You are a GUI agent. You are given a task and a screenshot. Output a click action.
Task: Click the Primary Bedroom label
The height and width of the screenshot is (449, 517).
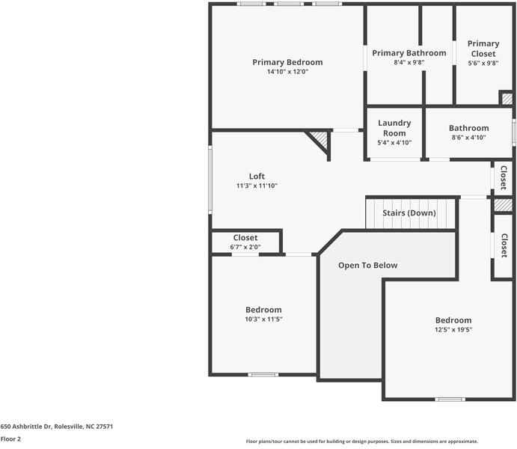287,62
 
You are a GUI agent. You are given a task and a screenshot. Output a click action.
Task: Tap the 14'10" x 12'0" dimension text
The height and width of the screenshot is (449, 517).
287,72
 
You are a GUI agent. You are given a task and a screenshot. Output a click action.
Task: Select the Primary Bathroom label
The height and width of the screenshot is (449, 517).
409,53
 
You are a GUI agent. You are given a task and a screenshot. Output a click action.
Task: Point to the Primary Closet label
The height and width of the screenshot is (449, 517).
483,49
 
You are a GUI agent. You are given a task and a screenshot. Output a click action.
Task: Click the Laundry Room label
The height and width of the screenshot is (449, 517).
394,128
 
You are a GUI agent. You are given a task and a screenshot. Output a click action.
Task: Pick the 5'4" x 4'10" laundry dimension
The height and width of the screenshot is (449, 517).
394,142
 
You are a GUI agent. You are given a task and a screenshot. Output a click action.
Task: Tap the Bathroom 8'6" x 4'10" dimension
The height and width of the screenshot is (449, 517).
468,138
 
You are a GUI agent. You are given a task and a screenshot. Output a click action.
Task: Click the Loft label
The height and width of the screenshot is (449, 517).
257,177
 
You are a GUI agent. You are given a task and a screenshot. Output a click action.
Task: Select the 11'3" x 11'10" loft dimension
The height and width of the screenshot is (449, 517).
257,186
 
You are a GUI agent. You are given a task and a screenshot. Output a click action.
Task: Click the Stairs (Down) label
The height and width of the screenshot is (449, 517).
409,213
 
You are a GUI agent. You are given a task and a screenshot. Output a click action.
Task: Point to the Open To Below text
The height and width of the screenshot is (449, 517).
367,265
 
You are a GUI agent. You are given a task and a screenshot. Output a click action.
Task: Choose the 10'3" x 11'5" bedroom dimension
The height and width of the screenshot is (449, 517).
263,319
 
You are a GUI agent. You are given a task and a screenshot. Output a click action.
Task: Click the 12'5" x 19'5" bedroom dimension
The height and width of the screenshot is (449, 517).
453,329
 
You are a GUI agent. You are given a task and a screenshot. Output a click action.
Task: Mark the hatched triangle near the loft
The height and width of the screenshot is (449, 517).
319,141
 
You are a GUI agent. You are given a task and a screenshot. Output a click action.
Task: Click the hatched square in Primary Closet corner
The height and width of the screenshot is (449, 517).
507,99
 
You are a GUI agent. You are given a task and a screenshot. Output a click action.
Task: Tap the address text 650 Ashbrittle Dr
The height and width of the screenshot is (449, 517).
57,427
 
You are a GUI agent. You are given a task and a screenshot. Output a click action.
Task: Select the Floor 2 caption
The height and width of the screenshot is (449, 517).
10,439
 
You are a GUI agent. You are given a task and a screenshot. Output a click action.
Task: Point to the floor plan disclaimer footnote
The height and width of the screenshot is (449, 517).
362,442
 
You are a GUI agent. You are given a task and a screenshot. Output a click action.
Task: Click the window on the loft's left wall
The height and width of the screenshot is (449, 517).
210,179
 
